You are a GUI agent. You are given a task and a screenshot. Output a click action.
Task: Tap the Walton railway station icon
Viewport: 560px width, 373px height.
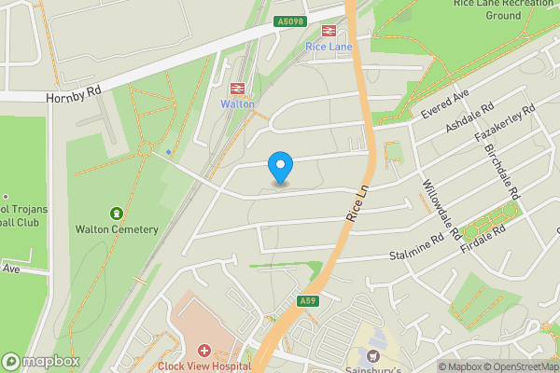coord(237,89)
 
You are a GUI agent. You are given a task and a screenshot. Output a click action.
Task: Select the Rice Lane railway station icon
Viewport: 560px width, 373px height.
coord(328,31)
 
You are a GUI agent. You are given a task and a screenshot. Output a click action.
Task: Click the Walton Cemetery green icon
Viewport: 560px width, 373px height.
coord(117,214)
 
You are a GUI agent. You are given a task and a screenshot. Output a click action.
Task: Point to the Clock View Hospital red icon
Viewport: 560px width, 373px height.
coord(204,352)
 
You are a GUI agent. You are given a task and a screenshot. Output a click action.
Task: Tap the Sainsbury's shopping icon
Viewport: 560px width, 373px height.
coord(373,355)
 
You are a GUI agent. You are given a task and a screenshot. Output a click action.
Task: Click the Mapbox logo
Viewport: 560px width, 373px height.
coord(37,361)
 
